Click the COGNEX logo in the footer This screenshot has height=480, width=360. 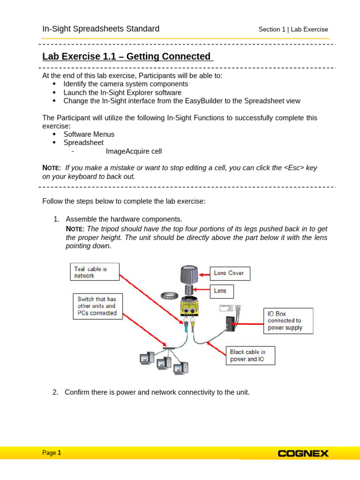pyautogui.click(x=303, y=453)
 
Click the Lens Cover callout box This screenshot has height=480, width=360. pyautogui.click(x=229, y=273)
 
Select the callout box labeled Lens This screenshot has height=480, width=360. pyautogui.click(x=220, y=291)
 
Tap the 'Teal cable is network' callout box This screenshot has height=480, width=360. pyautogui.click(x=94, y=272)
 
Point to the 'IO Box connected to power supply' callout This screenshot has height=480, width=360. pyautogui.click(x=288, y=321)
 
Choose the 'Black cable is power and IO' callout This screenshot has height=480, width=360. pyautogui.click(x=250, y=355)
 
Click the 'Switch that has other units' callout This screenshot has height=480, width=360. pyautogui.click(x=97, y=306)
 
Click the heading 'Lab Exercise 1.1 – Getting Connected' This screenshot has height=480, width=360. pyautogui.click(x=127, y=57)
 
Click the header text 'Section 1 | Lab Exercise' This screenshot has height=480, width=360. pyautogui.click(x=293, y=30)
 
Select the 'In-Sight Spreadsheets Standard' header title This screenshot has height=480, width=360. pyautogui.click(x=101, y=29)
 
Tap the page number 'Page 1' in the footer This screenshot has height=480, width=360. pyautogui.click(x=52, y=453)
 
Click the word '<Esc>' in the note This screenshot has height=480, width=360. pyautogui.click(x=294, y=168)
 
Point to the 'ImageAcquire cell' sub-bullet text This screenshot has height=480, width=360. pyautogui.click(x=134, y=151)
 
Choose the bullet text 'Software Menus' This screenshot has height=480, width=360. pyautogui.click(x=89, y=134)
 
